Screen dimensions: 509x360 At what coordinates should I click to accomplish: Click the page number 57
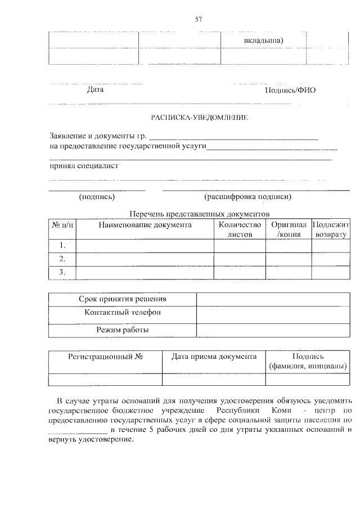[198, 20]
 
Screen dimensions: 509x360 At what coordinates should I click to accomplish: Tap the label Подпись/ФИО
[290, 91]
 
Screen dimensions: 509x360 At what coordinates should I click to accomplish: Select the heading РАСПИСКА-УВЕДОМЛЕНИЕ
[200, 118]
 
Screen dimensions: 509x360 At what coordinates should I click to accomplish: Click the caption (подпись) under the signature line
[97, 197]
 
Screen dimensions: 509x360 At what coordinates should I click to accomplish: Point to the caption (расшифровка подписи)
[248, 197]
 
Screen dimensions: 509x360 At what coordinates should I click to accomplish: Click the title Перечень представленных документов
[200, 214]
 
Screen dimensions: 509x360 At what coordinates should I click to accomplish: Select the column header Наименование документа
[145, 225]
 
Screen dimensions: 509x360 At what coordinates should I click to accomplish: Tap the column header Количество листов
[240, 229]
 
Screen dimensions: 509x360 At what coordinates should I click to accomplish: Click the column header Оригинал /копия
[288, 229]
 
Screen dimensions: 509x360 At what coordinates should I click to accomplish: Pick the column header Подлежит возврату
[331, 229]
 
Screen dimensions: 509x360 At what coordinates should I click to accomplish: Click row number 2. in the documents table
[62, 259]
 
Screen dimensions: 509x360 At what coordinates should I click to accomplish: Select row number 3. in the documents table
[62, 273]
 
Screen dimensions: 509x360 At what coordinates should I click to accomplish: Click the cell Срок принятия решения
[122, 299]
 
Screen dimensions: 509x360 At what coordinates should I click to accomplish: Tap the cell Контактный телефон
[122, 313]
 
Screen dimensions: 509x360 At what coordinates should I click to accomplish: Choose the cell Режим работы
[122, 330]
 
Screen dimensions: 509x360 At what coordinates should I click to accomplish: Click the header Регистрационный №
[105, 357]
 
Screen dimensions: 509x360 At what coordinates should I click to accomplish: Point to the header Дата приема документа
[214, 357]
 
